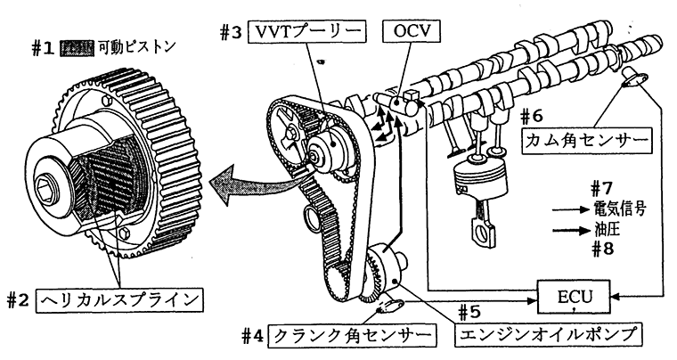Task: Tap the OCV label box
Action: (412, 32)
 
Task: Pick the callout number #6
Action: (532, 116)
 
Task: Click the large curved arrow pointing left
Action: (236, 183)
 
